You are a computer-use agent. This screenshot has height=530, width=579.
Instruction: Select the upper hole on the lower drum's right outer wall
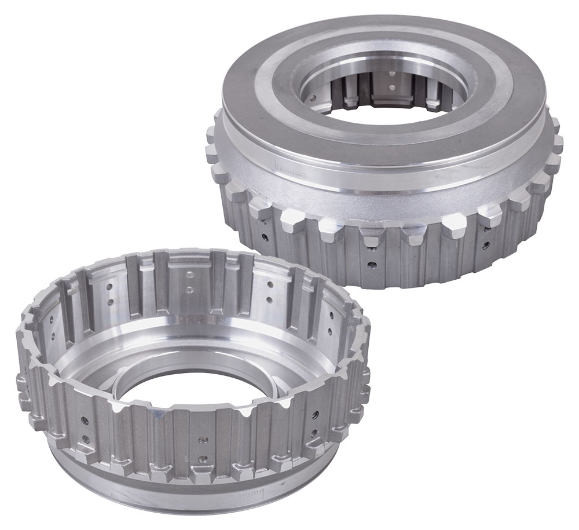coord(315,415)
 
